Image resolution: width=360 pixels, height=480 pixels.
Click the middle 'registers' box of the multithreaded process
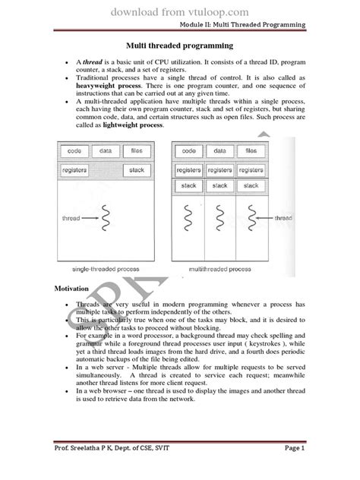[219, 171]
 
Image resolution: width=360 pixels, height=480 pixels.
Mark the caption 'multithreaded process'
[221, 270]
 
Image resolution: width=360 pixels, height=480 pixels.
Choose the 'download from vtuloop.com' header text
[180, 11]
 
